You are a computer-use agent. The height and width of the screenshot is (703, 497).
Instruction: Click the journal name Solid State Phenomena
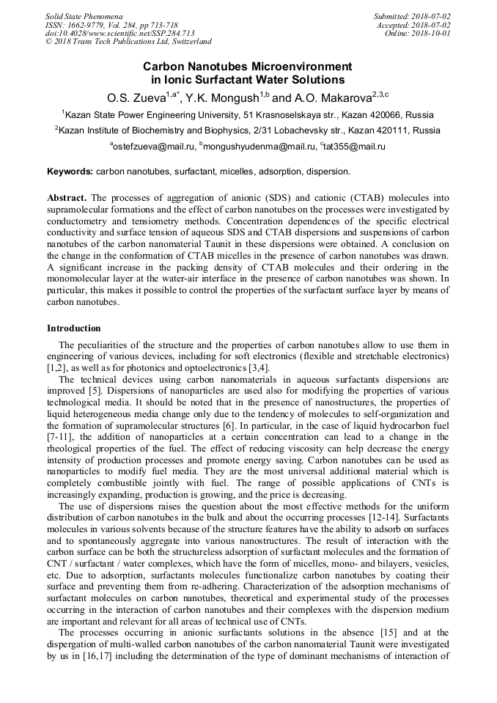84,16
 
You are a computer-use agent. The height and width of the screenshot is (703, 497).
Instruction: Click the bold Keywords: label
70,172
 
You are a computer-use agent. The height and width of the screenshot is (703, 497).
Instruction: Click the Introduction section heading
74,328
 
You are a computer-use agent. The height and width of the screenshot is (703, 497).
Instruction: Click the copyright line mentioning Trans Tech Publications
128,42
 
